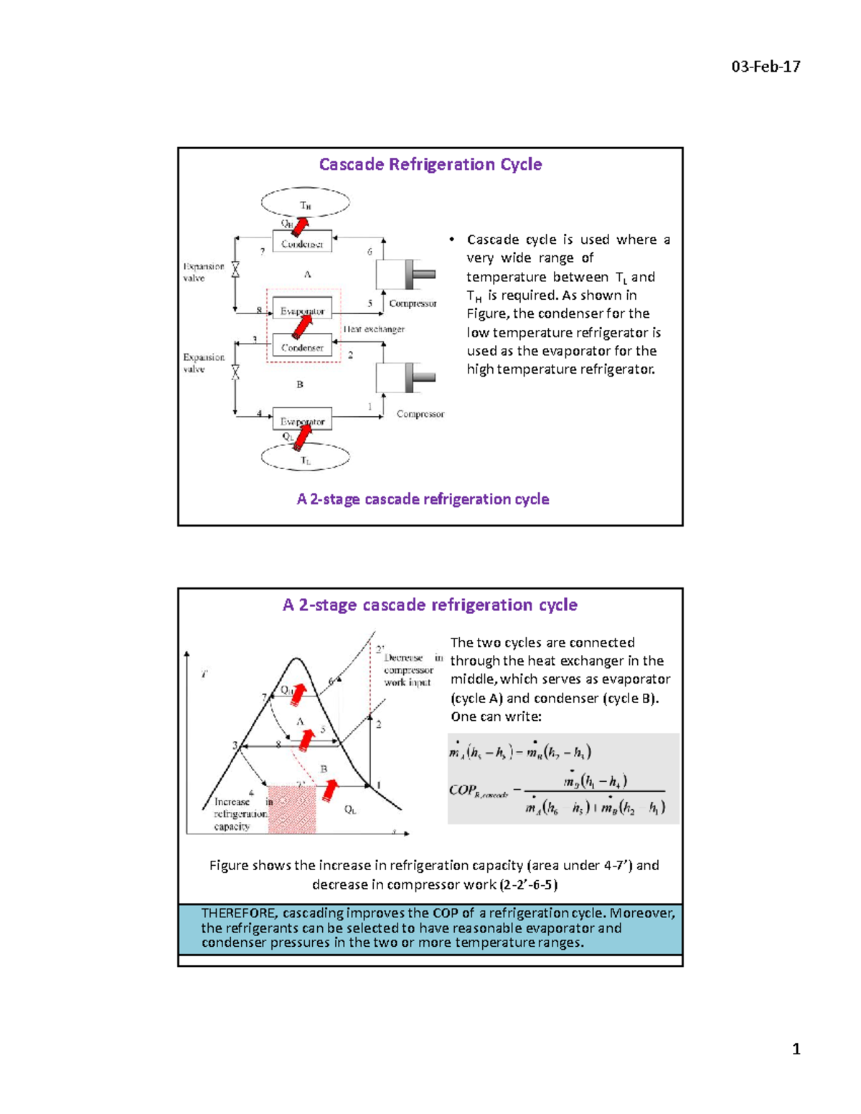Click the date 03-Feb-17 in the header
[x=766, y=67]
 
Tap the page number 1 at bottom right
[x=796, y=1049]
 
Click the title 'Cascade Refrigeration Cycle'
[x=430, y=164]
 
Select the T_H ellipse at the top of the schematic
[x=306, y=203]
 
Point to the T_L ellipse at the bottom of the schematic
[x=306, y=458]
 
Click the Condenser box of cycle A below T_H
[x=302, y=242]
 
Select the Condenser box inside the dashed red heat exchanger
[x=302, y=347]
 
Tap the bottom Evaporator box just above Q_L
[x=302, y=420]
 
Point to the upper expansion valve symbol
[x=235, y=270]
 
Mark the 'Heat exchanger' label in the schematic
[x=374, y=329]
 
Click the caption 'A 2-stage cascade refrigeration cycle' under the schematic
[x=423, y=499]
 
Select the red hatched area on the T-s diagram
[x=292, y=809]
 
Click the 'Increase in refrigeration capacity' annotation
[x=240, y=814]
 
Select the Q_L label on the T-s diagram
[x=350, y=810]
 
